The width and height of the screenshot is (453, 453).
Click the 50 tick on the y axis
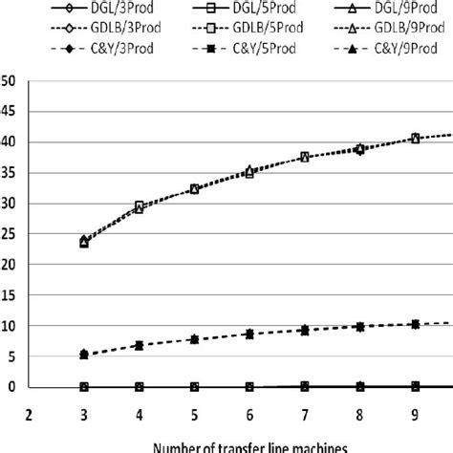point(8,81)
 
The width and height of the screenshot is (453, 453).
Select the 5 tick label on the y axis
point(8,356)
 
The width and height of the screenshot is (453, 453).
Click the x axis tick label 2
point(30,416)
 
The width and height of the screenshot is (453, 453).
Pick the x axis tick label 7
point(305,416)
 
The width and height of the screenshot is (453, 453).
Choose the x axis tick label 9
point(415,416)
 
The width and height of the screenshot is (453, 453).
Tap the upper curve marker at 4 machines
point(140,206)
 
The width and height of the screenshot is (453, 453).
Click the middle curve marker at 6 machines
point(249,334)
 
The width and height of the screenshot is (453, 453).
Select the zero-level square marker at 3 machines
point(84,387)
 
